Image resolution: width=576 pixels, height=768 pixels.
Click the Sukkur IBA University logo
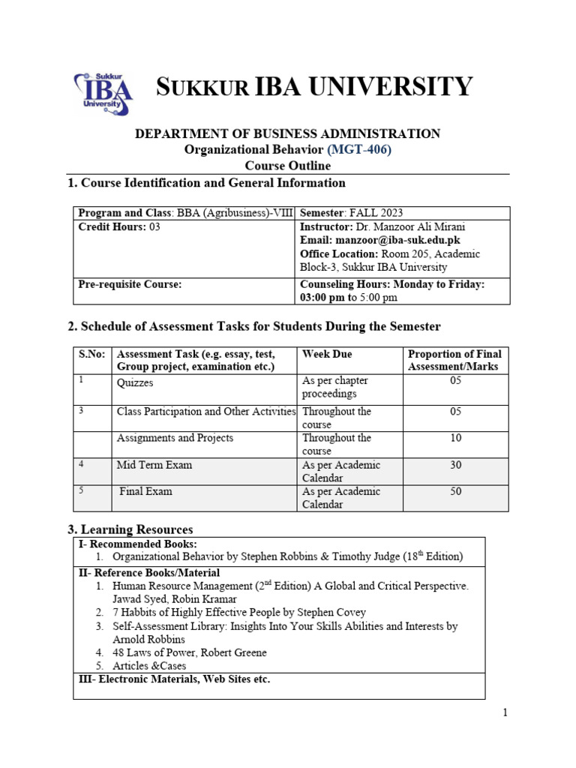coord(103,93)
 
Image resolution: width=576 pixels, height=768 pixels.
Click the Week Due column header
coord(327,354)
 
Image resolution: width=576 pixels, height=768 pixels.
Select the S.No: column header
coord(91,354)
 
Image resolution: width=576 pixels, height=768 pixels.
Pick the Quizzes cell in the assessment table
coord(135,382)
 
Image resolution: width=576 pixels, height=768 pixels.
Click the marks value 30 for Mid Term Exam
coord(456,465)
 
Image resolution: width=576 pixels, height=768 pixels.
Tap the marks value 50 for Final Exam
coord(456,492)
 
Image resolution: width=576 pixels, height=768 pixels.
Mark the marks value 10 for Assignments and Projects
coord(456,438)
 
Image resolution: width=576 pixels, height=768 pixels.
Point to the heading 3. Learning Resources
coord(130,529)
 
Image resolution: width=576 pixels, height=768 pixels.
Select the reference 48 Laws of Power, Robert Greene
coord(189,652)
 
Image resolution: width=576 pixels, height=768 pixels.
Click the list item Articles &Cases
coord(149,666)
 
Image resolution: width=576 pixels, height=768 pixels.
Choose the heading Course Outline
coord(287,166)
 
